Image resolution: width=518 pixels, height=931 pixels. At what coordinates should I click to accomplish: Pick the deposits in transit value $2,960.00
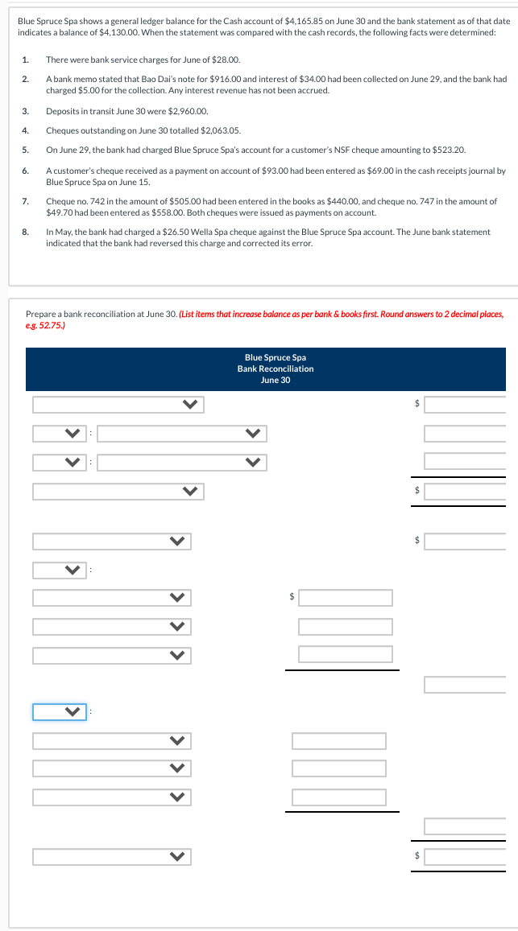click(190, 111)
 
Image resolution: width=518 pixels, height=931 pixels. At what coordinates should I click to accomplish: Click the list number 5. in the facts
click(26, 150)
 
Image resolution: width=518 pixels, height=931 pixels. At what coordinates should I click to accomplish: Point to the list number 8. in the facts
click(26, 232)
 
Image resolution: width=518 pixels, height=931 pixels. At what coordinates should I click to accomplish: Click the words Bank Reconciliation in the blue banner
click(276, 369)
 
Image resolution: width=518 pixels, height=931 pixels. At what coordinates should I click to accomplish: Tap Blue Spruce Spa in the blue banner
click(276, 357)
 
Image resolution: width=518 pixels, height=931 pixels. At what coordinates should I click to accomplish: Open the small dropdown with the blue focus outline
click(60, 711)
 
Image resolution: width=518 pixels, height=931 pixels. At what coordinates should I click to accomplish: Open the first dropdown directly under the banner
click(118, 405)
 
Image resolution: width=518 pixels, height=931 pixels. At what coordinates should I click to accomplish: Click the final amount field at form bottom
click(465, 855)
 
